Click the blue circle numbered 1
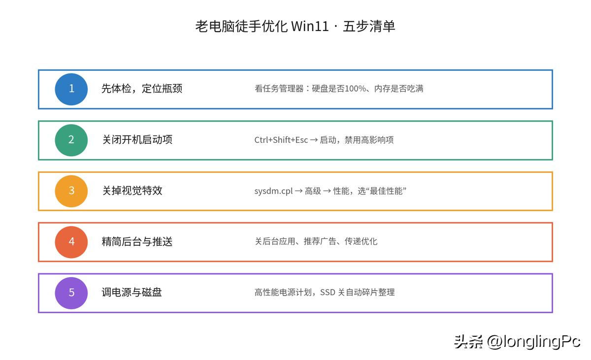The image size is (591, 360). [71, 89]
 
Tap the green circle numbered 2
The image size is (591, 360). [71, 140]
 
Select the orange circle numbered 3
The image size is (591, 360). [71, 191]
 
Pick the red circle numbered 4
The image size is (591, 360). [71, 242]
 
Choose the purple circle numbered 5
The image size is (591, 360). [71, 293]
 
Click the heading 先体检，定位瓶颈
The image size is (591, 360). [142, 89]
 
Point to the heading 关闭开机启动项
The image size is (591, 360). [137, 139]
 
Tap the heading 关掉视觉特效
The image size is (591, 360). [132, 191]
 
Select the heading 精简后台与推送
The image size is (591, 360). [137, 241]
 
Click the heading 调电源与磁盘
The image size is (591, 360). [132, 292]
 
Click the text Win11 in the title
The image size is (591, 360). [310, 27]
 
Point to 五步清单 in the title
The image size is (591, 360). [369, 27]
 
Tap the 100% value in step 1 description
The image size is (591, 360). [355, 89]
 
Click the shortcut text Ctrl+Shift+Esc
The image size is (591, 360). [281, 140]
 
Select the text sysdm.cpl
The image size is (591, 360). [274, 191]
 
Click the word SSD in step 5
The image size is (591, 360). [328, 292]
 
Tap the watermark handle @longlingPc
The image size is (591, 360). [533, 342]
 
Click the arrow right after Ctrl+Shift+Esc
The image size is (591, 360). [314, 140]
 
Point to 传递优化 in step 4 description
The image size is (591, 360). [361, 241]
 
